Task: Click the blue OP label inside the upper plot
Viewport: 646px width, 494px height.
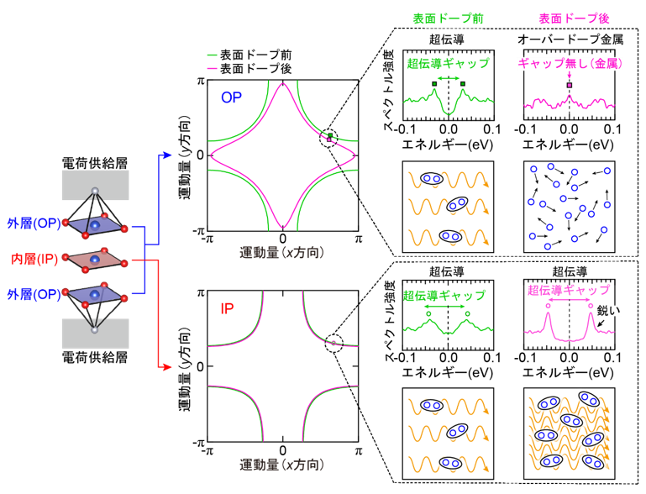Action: [231, 97]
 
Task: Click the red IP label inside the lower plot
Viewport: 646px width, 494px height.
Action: [227, 308]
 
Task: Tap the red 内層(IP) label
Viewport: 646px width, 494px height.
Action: [34, 259]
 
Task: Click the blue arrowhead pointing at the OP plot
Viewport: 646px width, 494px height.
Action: [167, 155]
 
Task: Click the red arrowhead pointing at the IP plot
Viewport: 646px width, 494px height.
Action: [167, 366]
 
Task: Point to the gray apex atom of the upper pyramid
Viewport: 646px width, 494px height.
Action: [95, 191]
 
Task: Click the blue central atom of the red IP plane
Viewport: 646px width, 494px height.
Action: [95, 259]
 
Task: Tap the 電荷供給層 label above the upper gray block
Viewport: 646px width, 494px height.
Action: [95, 163]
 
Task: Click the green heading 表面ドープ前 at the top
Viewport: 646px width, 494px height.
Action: [448, 18]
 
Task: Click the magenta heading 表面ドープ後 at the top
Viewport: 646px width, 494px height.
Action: [574, 18]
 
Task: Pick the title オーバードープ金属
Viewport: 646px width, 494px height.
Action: [570, 39]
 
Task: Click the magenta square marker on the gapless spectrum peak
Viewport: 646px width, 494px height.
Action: [570, 86]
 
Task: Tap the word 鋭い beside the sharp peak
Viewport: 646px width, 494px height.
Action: [608, 311]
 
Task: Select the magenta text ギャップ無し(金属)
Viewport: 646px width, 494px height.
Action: [570, 64]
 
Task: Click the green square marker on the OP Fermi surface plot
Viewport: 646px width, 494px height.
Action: [330, 135]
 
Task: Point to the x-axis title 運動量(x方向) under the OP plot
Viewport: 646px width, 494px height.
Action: [281, 253]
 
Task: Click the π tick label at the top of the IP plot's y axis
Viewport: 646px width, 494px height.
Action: [201, 293]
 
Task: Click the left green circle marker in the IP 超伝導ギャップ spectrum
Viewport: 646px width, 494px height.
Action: [428, 314]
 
